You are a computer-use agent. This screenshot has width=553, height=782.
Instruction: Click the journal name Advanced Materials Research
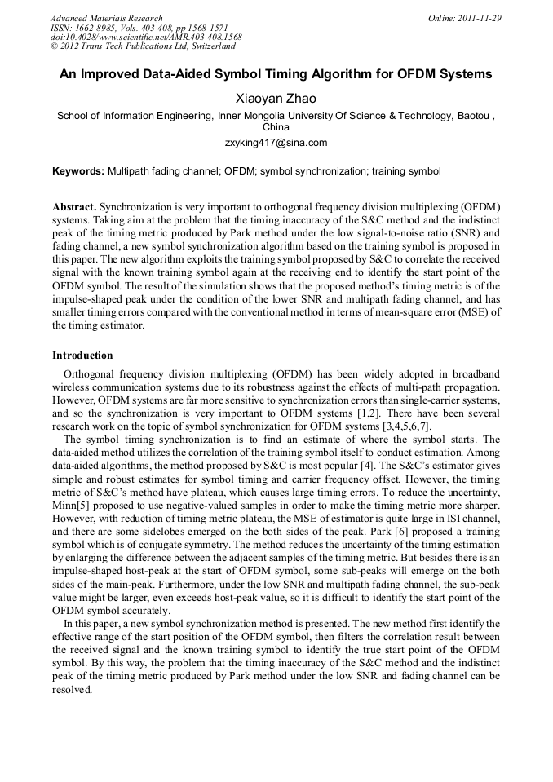[106, 18]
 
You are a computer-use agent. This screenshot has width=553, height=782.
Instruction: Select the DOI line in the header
[146, 38]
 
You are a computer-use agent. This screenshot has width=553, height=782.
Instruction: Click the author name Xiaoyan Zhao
[276, 99]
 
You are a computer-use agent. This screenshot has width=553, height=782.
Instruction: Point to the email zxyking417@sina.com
[276, 143]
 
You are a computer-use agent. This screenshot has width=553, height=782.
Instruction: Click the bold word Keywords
[78, 172]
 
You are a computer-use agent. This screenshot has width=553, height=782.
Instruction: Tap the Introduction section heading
[82, 356]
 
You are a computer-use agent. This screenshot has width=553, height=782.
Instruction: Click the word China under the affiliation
[276, 128]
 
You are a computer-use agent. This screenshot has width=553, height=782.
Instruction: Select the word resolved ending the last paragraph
[72, 689]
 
